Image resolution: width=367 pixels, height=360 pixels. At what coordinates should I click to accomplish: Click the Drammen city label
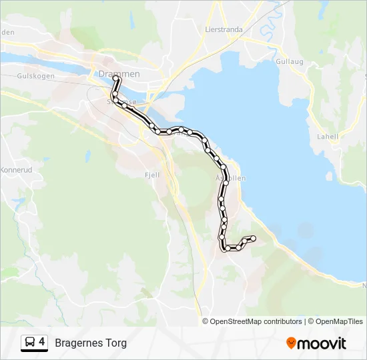(119, 74)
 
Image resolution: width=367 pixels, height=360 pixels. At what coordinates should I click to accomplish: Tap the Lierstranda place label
(224, 29)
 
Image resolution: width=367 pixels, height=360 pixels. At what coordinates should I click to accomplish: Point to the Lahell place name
(328, 137)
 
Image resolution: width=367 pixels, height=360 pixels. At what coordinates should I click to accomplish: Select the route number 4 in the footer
(42, 342)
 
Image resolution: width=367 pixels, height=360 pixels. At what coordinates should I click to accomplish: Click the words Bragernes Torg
(91, 343)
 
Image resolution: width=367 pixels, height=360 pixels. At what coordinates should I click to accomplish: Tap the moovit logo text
(322, 343)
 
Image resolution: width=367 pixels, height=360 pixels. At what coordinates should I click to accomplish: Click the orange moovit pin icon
(291, 343)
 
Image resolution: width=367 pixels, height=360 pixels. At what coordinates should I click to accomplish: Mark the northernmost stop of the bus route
(115, 79)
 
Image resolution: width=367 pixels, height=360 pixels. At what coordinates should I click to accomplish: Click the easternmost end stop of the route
(254, 239)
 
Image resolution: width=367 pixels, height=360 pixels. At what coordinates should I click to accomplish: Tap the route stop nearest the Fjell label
(159, 131)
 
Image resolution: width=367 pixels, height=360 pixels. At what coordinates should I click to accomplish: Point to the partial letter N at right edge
(364, 285)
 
